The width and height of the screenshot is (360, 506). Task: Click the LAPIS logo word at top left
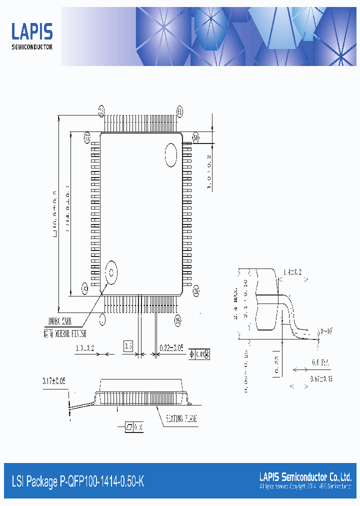(32, 32)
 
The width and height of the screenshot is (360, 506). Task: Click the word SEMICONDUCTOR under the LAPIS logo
(32, 47)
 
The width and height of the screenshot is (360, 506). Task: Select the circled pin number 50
(195, 136)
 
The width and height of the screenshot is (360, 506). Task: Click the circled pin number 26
(196, 289)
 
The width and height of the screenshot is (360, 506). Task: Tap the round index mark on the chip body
(111, 272)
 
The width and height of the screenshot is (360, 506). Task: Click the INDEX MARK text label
(61, 321)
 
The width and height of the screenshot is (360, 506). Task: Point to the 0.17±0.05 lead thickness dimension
(53, 381)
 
